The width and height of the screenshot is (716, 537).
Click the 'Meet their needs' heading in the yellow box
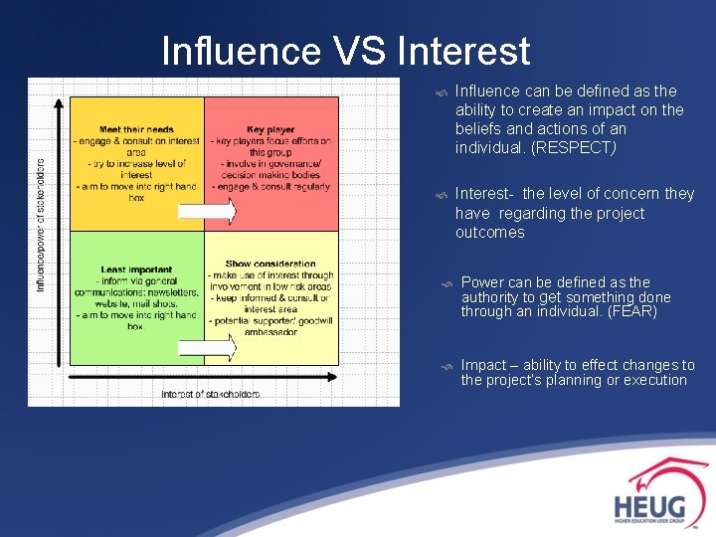(x=136, y=130)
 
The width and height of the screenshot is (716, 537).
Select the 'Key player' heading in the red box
(x=270, y=130)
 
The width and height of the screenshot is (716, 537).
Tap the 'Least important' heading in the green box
(x=136, y=269)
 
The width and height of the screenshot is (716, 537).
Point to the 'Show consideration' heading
(x=270, y=265)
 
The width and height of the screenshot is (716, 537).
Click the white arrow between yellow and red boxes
(x=207, y=211)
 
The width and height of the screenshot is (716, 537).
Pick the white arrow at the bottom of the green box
(x=207, y=347)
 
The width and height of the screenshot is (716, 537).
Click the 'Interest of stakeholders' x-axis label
(x=211, y=395)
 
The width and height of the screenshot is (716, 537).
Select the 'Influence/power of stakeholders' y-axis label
(x=41, y=226)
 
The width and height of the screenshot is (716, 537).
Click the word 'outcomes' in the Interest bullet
(x=489, y=233)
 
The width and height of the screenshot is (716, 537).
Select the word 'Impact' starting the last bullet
(x=483, y=365)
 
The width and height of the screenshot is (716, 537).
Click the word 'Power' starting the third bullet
(x=483, y=282)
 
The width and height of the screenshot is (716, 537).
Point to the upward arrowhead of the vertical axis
(x=63, y=102)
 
